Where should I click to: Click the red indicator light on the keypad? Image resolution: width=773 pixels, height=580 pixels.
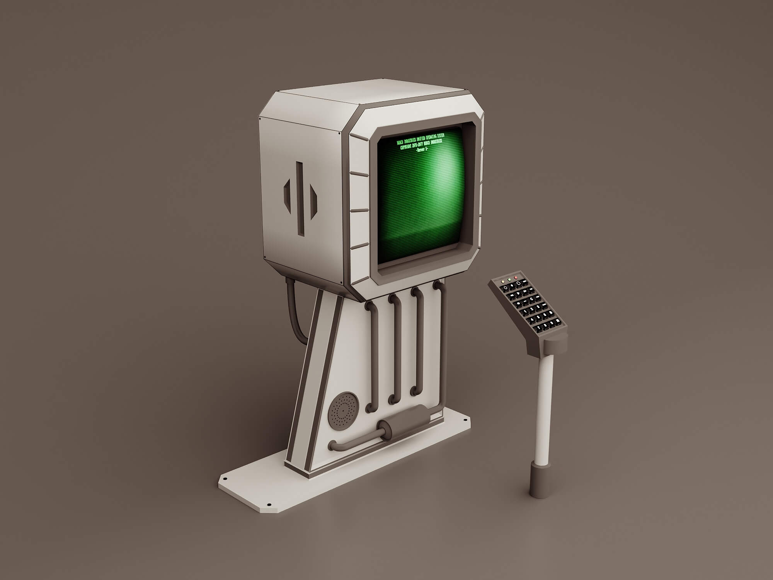click(516, 278)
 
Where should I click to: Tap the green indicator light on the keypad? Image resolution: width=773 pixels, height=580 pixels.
click(509, 280)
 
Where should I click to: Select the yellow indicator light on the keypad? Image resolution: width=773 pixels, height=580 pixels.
click(503, 282)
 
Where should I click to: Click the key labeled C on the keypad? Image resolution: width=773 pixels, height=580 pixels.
click(531, 299)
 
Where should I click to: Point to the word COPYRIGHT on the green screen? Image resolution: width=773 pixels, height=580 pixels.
click(406, 147)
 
